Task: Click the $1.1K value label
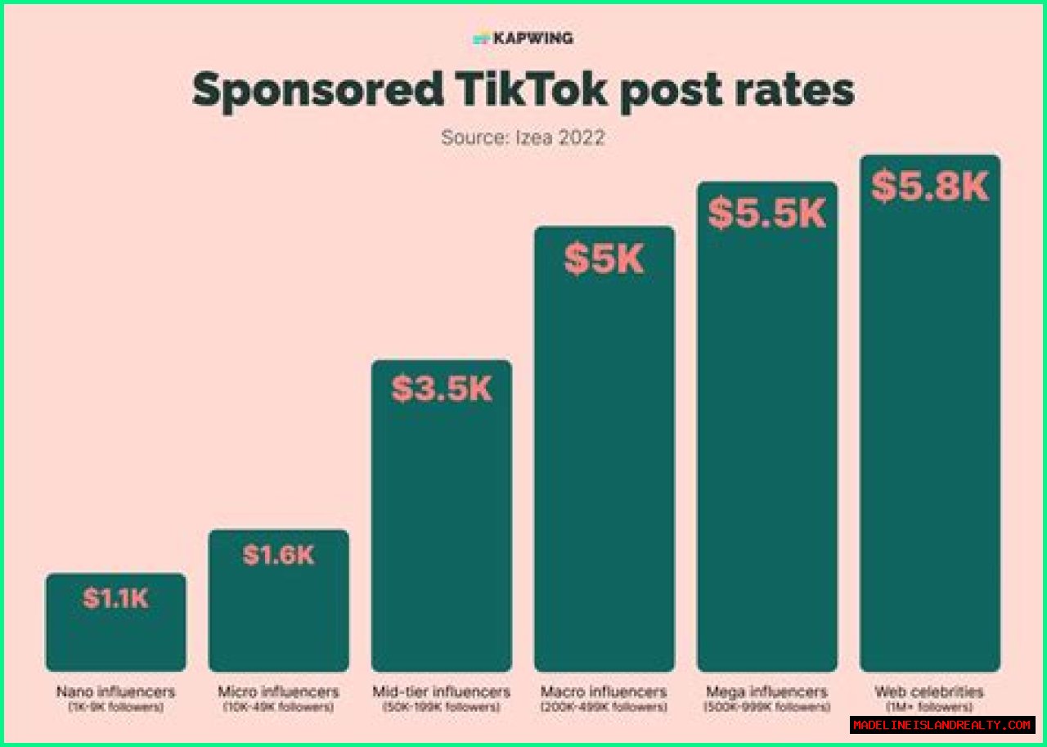pos(115,598)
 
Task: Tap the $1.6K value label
pos(278,555)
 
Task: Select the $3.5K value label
pos(442,389)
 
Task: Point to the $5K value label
pos(604,259)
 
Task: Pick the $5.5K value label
pos(767,214)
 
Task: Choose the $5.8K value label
pos(930,187)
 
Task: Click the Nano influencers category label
pos(115,692)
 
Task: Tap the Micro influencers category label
pos(278,692)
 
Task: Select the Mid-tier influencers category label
pos(442,692)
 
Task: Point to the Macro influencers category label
pos(604,692)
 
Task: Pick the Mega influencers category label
pos(767,692)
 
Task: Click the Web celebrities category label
pos(929,692)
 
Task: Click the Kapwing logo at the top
pos(523,38)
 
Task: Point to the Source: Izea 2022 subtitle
pos(523,137)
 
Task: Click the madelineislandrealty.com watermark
pos(942,725)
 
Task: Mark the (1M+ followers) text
pos(929,707)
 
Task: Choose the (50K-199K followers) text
pos(442,707)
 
